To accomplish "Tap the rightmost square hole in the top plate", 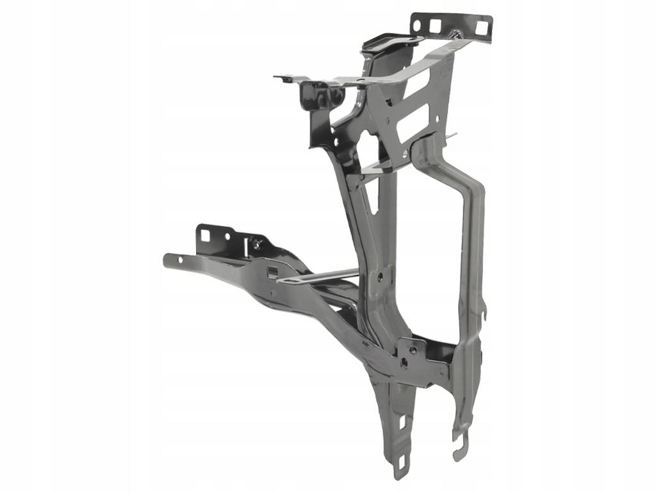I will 480,26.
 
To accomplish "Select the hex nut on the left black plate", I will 257,243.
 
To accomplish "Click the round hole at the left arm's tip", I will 179,260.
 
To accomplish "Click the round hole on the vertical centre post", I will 380,277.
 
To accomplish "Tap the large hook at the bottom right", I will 459,448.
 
